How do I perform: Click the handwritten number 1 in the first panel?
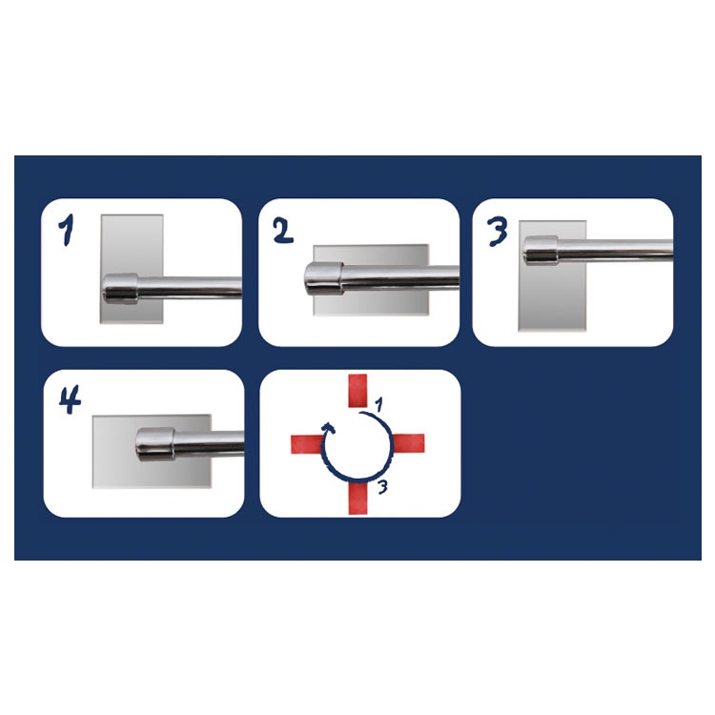point(67,230)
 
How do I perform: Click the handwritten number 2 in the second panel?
point(283,230)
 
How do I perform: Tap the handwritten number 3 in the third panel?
point(497,232)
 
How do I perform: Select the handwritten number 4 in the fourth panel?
point(70,399)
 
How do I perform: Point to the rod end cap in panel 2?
point(324,278)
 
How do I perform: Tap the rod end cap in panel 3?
point(541,251)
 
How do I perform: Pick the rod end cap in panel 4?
point(155,444)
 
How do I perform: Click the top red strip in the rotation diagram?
point(357,391)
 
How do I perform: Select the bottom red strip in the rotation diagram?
point(357,498)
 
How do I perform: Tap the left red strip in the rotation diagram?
point(307,444)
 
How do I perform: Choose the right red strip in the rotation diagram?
point(409,442)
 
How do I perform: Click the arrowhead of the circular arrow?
point(328,428)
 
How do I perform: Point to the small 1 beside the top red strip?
point(378,404)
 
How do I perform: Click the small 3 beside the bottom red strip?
point(382,487)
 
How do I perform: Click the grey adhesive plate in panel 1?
point(132,269)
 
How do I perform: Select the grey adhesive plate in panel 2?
point(371,280)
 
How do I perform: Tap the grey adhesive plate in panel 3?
point(552,276)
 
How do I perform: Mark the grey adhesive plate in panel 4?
point(152,452)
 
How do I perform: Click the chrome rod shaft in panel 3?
point(616,251)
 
